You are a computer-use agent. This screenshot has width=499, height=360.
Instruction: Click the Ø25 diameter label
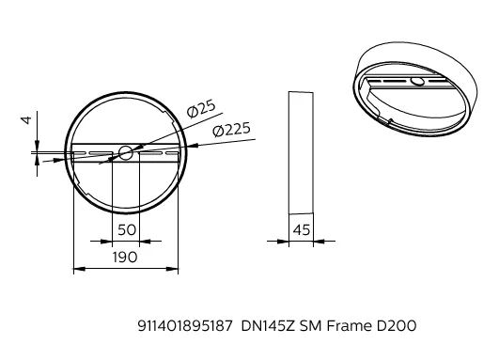tap(201, 109)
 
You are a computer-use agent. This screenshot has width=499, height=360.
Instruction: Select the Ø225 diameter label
tap(232, 130)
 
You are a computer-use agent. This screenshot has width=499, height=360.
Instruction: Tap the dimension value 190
tap(125, 258)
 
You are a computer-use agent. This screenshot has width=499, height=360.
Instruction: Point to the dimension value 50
tap(127, 229)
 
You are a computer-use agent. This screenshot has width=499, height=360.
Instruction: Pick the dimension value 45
tap(302, 229)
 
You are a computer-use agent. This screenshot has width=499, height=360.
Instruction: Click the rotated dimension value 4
tap(26, 120)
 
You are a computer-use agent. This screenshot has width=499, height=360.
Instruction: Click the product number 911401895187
tap(185, 326)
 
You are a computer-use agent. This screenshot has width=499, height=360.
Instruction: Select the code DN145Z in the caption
tap(269, 326)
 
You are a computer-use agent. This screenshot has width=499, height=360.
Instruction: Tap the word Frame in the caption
tap(349, 326)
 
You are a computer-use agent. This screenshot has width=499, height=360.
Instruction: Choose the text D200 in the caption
tap(397, 326)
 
